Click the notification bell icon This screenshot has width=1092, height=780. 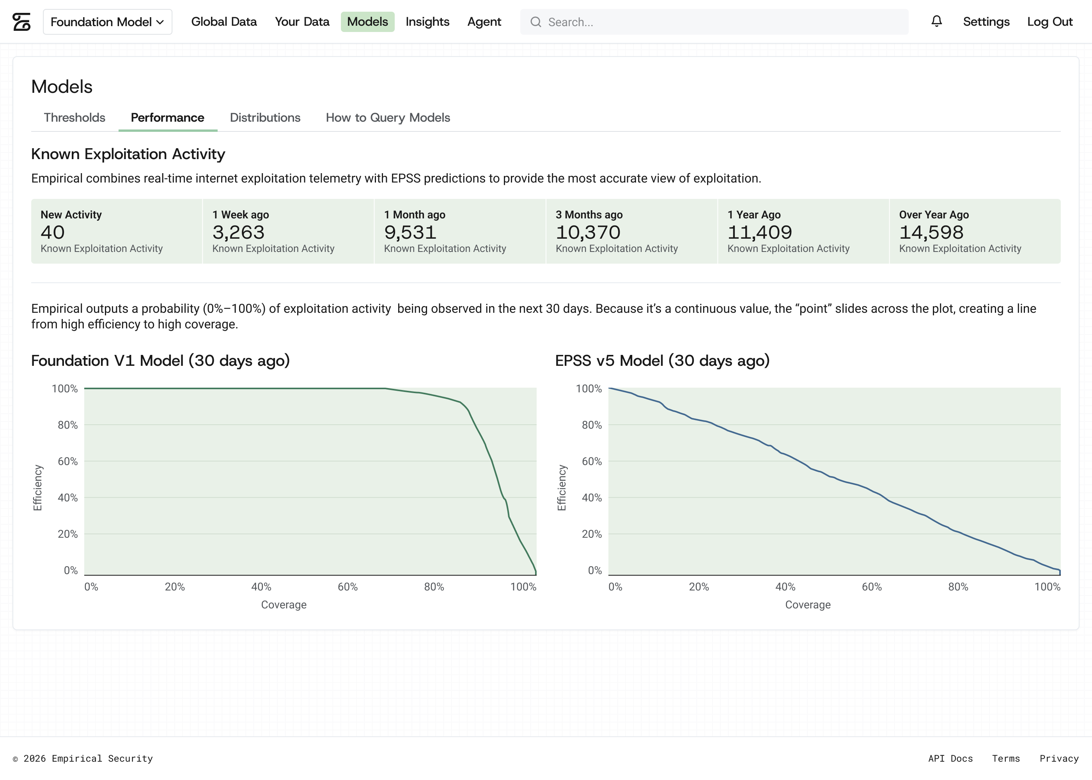[936, 21]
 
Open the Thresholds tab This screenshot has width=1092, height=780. [74, 118]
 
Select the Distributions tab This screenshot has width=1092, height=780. [265, 118]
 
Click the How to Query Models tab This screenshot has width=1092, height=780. [388, 118]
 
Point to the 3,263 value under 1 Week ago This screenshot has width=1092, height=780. [239, 232]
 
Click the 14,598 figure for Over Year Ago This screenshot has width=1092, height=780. [931, 232]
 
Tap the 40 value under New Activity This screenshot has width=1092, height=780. [53, 232]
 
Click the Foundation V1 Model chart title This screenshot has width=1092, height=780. [160, 361]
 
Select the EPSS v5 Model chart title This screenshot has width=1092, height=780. [662, 361]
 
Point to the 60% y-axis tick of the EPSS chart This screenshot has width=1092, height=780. [592, 461]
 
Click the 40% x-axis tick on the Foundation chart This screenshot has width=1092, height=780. [261, 587]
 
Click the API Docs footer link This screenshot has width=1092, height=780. [950, 759]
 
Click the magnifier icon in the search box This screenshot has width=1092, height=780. [535, 22]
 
